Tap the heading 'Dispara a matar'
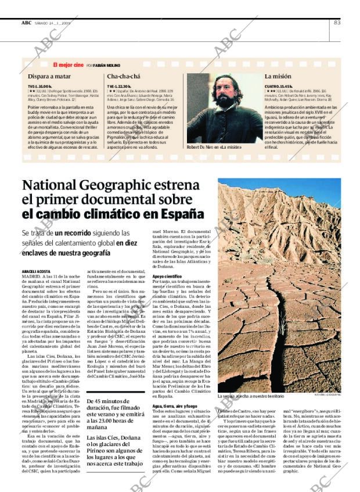pos(50,76)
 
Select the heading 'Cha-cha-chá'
pos(124,76)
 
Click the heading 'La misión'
pos(278,76)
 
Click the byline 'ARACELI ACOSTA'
pos(36,271)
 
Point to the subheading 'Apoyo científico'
pos(167,276)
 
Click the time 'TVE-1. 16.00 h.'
pos(44,85)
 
